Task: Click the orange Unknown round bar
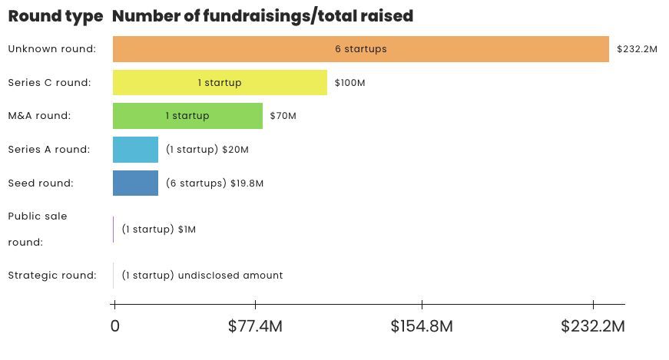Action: [360, 49]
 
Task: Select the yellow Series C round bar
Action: [220, 82]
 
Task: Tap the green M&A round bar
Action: [187, 116]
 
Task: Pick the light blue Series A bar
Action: [135, 150]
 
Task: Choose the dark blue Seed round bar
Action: [135, 183]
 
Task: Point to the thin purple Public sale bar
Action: [114, 229]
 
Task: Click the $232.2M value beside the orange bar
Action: [637, 49]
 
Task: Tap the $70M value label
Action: [283, 116]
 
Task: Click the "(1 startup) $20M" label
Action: [207, 150]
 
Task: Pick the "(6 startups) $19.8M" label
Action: [214, 183]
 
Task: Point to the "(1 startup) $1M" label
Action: [159, 229]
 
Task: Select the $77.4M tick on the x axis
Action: [255, 325]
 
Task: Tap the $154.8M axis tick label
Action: [421, 325]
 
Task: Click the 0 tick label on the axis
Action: [114, 325]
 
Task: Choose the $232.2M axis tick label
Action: [592, 325]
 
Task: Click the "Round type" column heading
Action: [55, 16]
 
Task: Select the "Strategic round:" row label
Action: [52, 275]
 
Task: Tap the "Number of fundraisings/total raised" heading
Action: [262, 16]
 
